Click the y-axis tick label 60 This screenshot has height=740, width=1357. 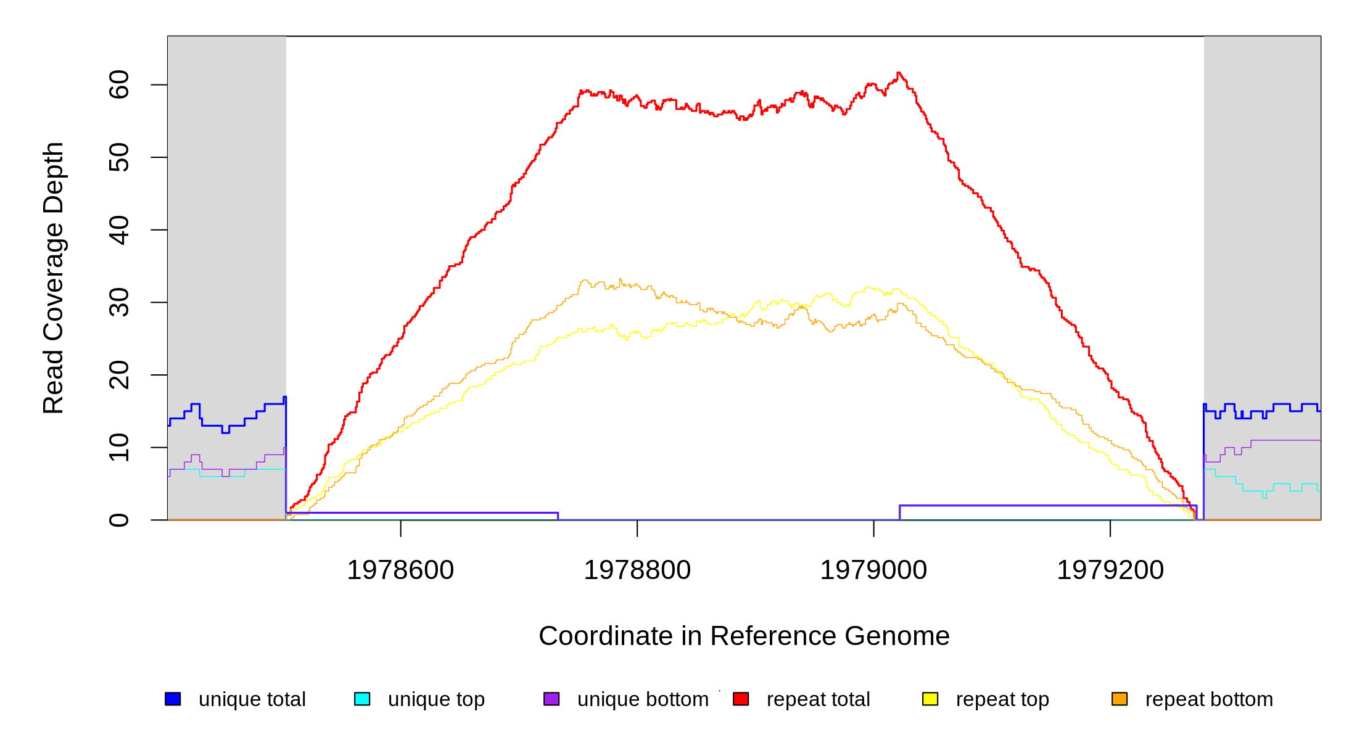pos(118,84)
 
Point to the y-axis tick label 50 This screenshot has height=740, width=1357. pos(118,157)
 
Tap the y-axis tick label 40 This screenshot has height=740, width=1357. pos(118,230)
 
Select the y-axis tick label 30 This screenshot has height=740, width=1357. pos(118,302)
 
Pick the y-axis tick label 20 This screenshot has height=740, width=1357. pos(118,375)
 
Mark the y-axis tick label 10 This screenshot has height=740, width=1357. pos(118,447)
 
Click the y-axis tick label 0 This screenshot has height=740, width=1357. pos(118,520)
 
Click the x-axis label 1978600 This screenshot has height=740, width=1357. pos(400,570)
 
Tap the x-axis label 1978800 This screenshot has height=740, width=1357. pos(637,570)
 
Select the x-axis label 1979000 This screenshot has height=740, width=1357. pos(873,570)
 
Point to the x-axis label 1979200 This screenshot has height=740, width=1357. pos(1110,570)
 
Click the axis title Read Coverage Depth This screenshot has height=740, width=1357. pos(53,277)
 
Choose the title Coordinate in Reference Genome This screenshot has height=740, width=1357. pos(744,636)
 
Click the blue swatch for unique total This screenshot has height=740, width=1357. pos(173,699)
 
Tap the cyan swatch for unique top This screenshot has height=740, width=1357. pos(362,699)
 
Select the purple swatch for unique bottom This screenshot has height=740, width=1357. pos(551,699)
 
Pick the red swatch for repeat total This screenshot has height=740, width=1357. pos(741,699)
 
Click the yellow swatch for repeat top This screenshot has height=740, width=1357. pos(930,699)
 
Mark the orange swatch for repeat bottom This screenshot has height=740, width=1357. pos(1120,699)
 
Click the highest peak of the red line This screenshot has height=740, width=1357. pos(899,73)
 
